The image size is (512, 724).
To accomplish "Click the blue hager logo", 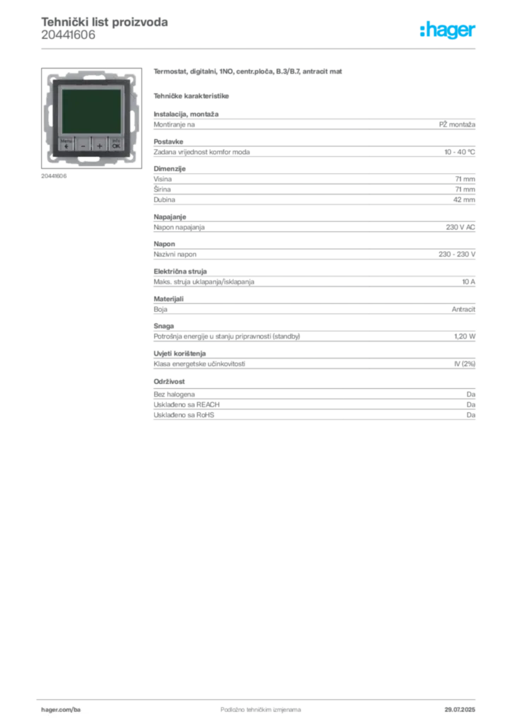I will (449, 31).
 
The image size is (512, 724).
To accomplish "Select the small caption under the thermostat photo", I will (53, 175).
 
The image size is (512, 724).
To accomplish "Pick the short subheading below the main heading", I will (192, 95).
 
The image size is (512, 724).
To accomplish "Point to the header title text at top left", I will (105, 22).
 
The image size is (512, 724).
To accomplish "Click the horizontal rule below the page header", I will (260, 47).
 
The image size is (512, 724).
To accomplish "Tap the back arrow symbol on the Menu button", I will (66, 146).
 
